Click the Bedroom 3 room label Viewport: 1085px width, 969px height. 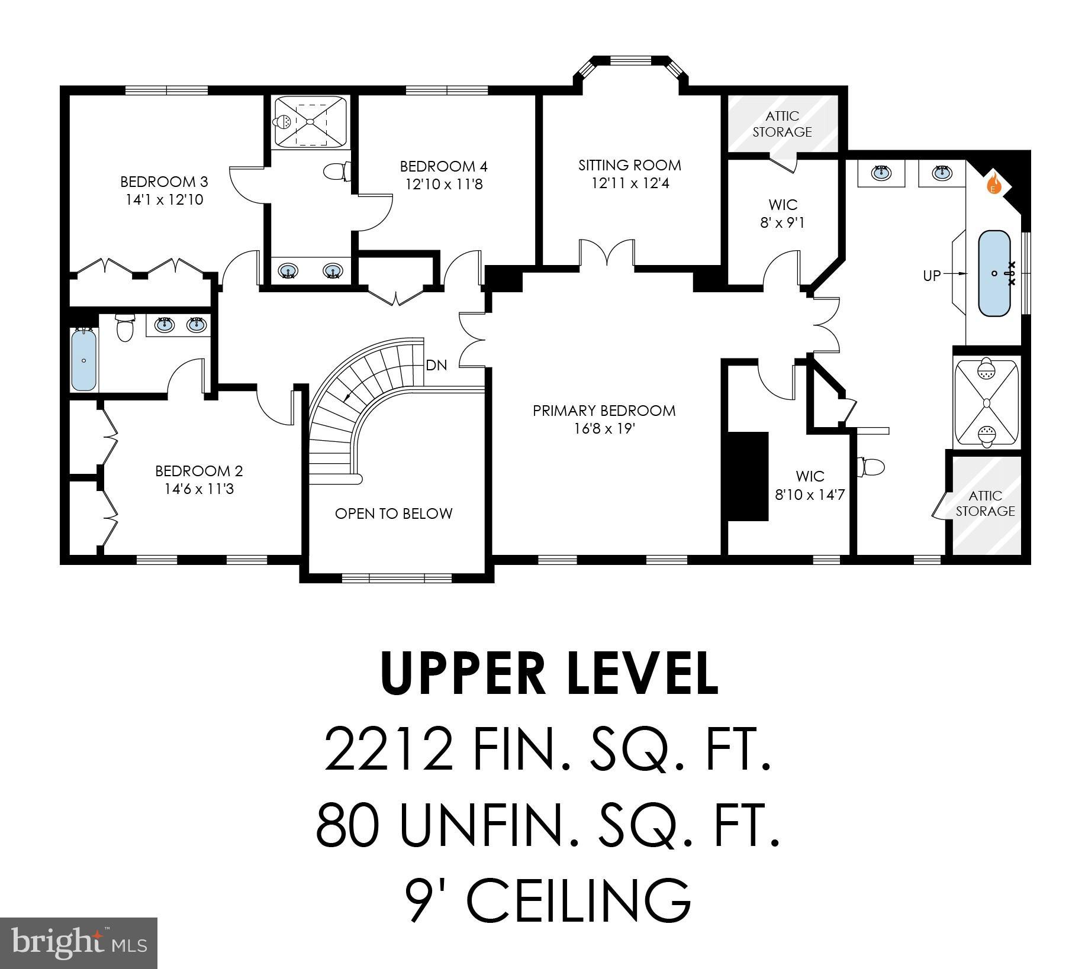(164, 182)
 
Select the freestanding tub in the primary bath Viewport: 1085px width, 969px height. (994, 273)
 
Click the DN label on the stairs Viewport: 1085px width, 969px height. (436, 366)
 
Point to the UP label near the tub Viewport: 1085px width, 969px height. (932, 275)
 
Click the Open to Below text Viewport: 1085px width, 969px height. (394, 513)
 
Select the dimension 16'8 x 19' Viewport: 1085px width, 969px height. (604, 428)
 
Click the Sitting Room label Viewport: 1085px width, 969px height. (630, 165)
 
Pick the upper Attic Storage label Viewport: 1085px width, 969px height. (782, 124)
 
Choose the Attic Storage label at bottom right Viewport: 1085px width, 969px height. (985, 503)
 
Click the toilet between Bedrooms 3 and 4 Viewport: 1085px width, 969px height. (334, 172)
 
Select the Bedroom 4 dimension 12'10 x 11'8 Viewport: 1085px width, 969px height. (444, 185)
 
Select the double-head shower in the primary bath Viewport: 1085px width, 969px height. (986, 403)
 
